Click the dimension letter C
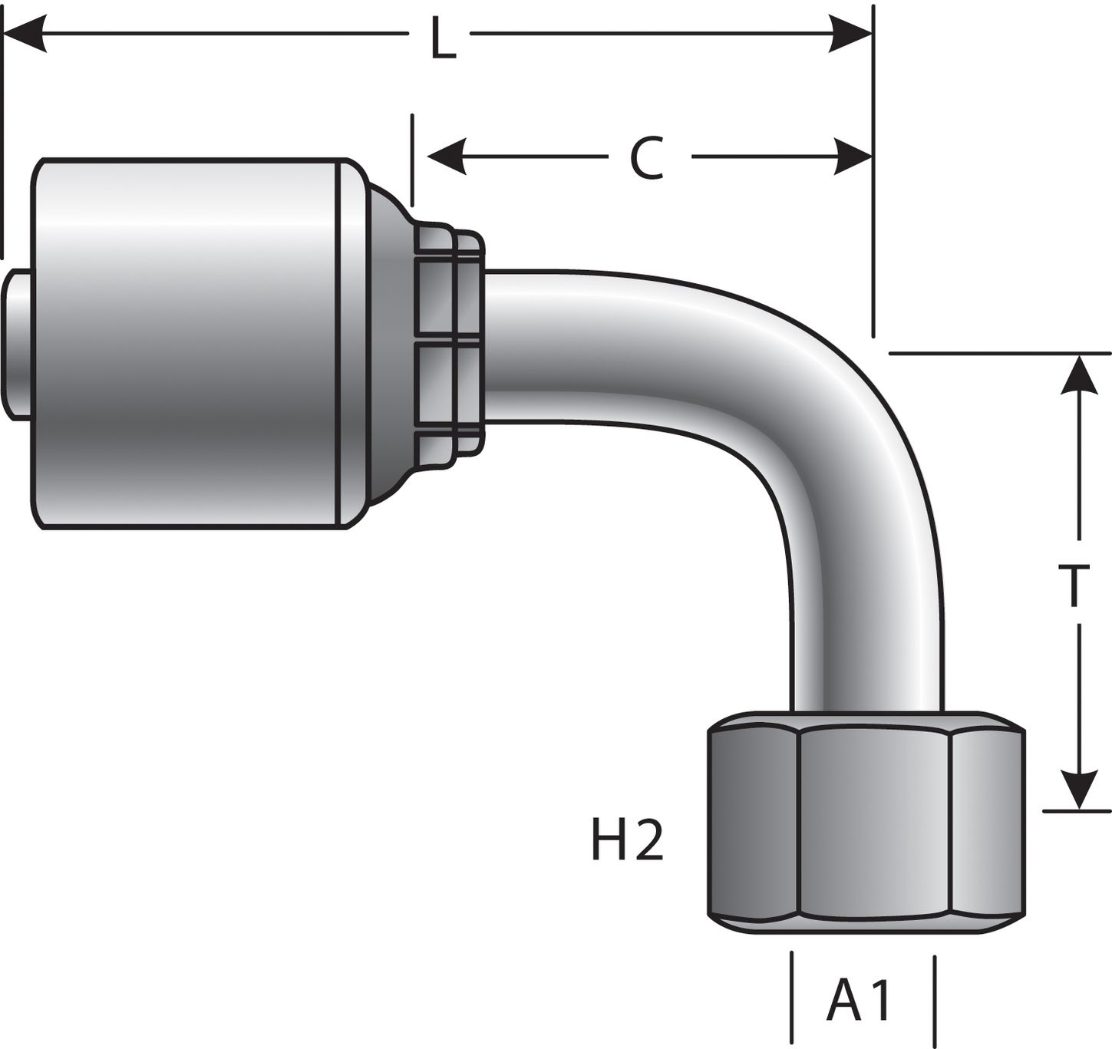pyautogui.click(x=647, y=159)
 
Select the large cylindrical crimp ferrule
pyautogui.click(x=192, y=343)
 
